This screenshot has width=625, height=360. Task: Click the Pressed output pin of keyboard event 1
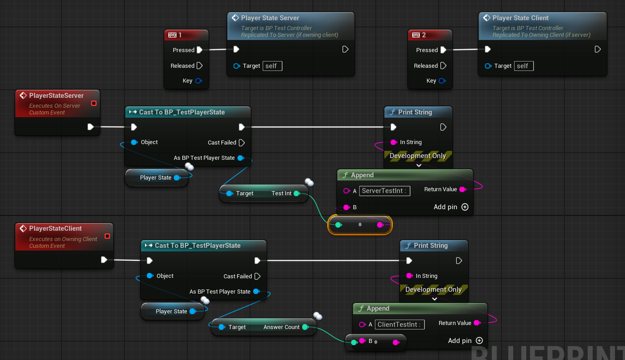pyautogui.click(x=199, y=50)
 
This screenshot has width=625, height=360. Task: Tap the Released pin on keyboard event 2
pyautogui.click(x=443, y=66)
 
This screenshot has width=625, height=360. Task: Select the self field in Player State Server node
pyautogui.click(x=273, y=66)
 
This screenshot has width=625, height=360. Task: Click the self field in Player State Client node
pyautogui.click(x=524, y=66)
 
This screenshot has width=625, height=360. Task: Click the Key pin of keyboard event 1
pyautogui.click(x=198, y=81)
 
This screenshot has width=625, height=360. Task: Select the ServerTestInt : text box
pyautogui.click(x=384, y=191)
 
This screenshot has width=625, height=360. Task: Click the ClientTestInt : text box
pyautogui.click(x=400, y=325)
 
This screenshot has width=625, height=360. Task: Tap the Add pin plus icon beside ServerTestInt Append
pyautogui.click(x=465, y=207)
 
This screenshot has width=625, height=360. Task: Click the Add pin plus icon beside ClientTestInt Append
pyautogui.click(x=480, y=341)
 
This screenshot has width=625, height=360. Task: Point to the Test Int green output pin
pyautogui.click(x=297, y=193)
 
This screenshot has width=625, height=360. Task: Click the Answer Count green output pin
pyautogui.click(x=305, y=327)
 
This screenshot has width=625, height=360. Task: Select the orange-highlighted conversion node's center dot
pyautogui.click(x=360, y=224)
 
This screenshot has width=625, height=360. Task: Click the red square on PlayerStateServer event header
pyautogui.click(x=94, y=103)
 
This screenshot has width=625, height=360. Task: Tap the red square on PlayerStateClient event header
pyautogui.click(x=107, y=236)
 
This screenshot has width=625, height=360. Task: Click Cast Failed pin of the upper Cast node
pyautogui.click(x=242, y=143)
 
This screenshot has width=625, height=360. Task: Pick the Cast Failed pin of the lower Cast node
pyautogui.click(x=257, y=277)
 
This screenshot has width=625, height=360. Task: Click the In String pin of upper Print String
pyautogui.click(x=394, y=142)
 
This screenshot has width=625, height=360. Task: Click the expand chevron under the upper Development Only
pyautogui.click(x=419, y=165)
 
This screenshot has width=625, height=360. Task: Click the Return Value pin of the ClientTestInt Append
pyautogui.click(x=477, y=323)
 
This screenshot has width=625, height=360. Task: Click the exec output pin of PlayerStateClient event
pyautogui.click(x=104, y=260)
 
